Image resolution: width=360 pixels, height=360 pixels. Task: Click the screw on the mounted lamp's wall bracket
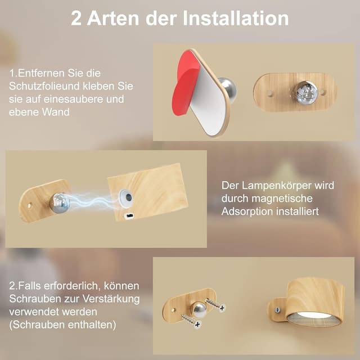point(276,308)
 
